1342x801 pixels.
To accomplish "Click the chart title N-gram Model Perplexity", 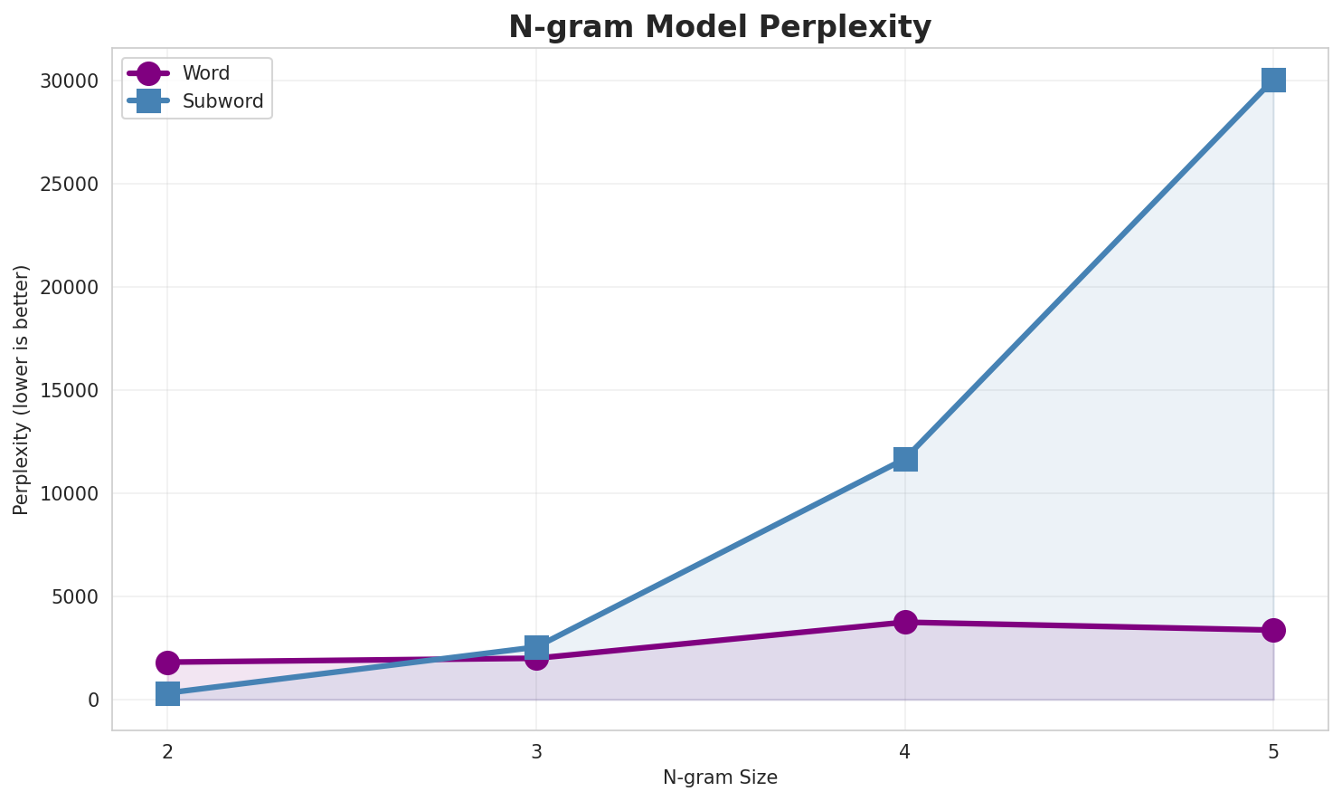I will click(x=719, y=27).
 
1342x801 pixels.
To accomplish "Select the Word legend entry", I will click(x=205, y=73).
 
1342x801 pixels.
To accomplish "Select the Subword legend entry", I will click(x=222, y=101).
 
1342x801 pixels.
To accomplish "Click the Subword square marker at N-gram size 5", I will click(x=1273, y=80).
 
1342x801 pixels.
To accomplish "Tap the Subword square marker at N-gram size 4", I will click(x=905, y=459).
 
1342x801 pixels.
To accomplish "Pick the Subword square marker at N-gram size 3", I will click(x=536, y=647).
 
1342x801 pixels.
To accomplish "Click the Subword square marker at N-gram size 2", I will click(x=167, y=693).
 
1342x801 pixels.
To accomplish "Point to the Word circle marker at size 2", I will click(x=167, y=663).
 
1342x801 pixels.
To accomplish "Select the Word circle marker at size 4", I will click(x=905, y=622).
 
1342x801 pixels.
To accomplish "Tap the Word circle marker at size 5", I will click(x=1273, y=630).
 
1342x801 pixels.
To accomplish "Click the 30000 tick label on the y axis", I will click(x=69, y=81).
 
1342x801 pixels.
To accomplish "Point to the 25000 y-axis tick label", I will click(x=69, y=185).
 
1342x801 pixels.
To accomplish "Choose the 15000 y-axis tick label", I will click(x=69, y=391).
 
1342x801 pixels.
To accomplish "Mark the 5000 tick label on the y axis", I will click(x=74, y=597).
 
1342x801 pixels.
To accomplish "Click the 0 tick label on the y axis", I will click(x=93, y=701).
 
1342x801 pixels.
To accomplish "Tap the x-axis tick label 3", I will click(x=536, y=751).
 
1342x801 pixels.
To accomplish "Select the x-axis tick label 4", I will click(x=905, y=751).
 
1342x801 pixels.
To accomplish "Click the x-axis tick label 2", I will click(x=167, y=751).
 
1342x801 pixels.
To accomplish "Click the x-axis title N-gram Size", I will click(x=720, y=777).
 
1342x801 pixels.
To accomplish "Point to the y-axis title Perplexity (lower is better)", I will click(x=22, y=389).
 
